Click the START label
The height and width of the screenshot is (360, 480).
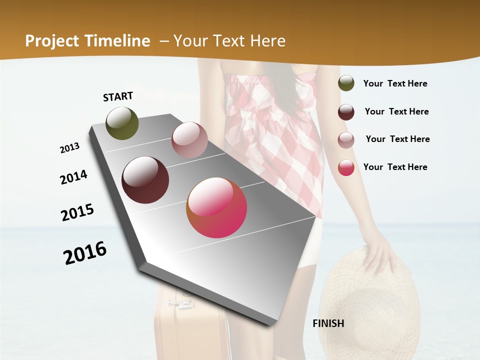click(x=118, y=96)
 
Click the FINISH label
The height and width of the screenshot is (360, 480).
click(x=328, y=323)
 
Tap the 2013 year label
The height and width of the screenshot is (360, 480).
click(x=69, y=147)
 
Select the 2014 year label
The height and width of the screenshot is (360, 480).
click(x=73, y=177)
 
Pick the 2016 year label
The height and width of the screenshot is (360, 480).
click(x=85, y=253)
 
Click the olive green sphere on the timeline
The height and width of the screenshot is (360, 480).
click(x=122, y=123)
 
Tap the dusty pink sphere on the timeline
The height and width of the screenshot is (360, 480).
click(x=189, y=140)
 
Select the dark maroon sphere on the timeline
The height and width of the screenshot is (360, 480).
click(x=145, y=180)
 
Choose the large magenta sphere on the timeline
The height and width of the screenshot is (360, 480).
click(x=216, y=207)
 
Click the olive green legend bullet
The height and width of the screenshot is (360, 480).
click(x=346, y=83)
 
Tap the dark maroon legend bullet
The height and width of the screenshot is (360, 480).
click(x=346, y=112)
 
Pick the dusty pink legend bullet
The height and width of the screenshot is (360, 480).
click(x=346, y=139)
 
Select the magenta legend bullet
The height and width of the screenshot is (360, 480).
click(x=346, y=167)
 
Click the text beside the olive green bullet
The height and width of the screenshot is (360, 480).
click(x=395, y=83)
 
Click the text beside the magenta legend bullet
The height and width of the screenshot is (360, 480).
click(x=395, y=167)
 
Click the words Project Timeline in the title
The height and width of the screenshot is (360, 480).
click(x=87, y=41)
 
